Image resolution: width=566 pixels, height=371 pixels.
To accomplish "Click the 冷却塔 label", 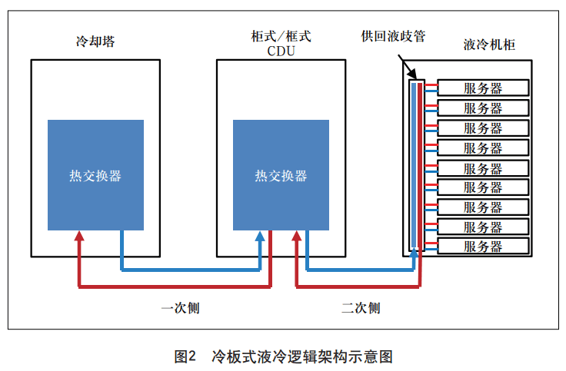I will (95, 42).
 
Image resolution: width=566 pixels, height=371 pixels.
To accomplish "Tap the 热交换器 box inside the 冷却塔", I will (95, 175).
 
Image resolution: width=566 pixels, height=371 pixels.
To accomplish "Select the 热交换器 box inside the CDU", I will (281, 175).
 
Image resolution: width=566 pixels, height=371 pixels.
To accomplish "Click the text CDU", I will (281, 51).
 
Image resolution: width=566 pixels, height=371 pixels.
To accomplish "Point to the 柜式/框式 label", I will (281, 36).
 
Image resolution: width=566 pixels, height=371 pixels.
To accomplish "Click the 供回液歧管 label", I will (393, 36).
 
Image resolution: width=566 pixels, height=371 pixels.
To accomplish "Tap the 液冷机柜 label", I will (490, 45).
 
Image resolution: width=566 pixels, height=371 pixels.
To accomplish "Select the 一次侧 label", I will (181, 308).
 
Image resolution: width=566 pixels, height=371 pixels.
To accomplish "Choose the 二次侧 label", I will (361, 308).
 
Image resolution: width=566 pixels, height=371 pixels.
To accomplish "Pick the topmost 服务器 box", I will (483, 88).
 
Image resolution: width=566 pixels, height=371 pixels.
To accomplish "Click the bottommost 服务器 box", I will (483, 247).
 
